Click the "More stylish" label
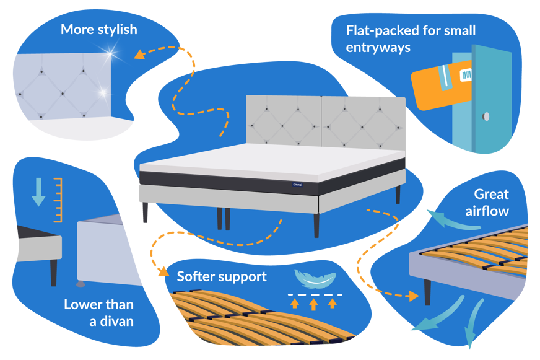pyautogui.click(x=98, y=30)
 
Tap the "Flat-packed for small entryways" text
pyautogui.click(x=411, y=38)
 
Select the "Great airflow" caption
pyautogui.click(x=488, y=203)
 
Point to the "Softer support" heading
pyautogui.click(x=222, y=276)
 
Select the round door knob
pyautogui.click(x=486, y=116)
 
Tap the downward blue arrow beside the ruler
pyautogui.click(x=38, y=193)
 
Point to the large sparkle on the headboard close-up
pyautogui.click(x=112, y=55)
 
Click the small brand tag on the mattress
pyautogui.click(x=297, y=184)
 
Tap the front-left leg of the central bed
pyautogui.click(x=145, y=213)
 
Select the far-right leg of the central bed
pyautogui.click(x=397, y=194)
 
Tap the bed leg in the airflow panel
pyautogui.click(x=427, y=291)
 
